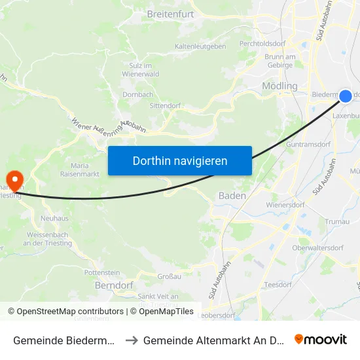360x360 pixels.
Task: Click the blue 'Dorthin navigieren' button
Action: (180, 160)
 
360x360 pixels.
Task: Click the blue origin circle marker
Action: (346, 96)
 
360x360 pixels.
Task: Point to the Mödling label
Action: (279, 86)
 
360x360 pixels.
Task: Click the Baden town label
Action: (232, 196)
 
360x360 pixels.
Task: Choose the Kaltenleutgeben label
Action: (200, 46)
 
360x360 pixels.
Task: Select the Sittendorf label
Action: (165, 105)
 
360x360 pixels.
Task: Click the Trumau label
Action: (338, 223)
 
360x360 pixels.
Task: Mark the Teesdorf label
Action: (279, 285)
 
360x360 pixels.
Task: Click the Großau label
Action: (169, 277)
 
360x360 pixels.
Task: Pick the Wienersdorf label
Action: (285, 205)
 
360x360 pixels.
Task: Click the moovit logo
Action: (321, 339)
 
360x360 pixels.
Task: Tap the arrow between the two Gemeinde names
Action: (131, 340)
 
